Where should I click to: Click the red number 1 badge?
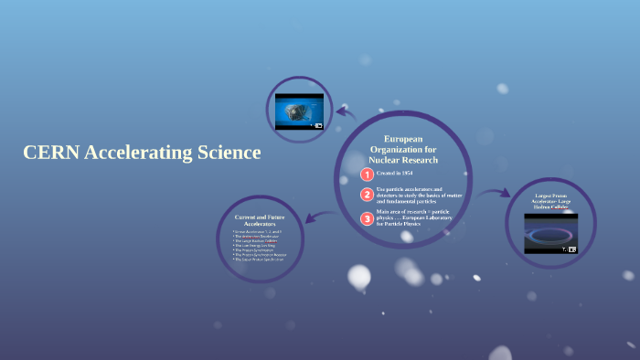367,174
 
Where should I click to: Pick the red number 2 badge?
367,195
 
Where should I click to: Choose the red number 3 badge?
367,218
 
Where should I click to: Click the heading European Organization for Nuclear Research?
403,149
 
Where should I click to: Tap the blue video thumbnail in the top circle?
299,111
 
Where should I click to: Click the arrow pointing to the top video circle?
344,112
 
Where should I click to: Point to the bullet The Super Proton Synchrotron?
260,259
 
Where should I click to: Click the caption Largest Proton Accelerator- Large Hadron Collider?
550,202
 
